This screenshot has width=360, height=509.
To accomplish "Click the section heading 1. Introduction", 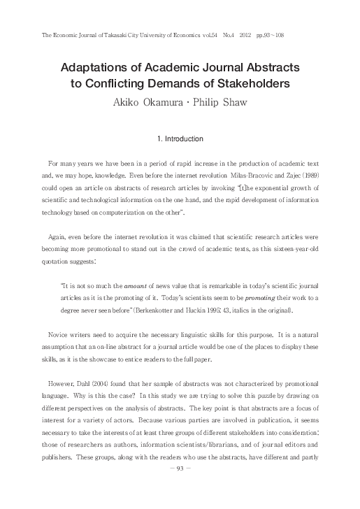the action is [x=180, y=138].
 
